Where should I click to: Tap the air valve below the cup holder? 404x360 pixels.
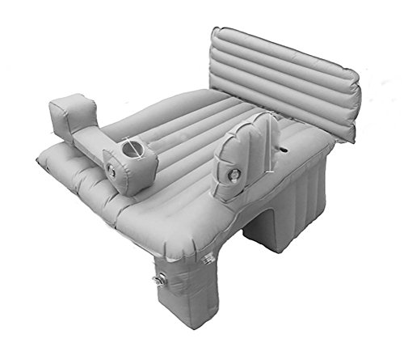pyautogui.click(x=112, y=171)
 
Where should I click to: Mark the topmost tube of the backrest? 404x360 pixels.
pyautogui.click(x=283, y=50)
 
